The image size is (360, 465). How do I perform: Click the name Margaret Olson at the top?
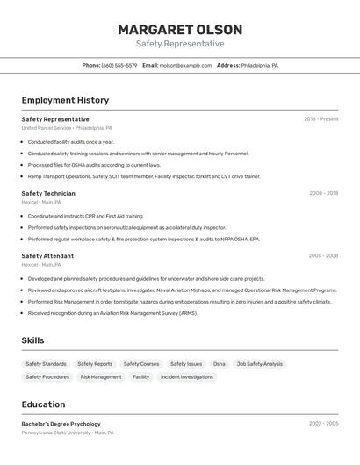pos(180,30)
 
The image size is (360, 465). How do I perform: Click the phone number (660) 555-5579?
pos(119,65)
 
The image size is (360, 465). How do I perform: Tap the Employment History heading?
pos(65,100)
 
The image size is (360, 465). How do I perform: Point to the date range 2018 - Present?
pos(320,119)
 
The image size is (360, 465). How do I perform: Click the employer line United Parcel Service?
pos(67,128)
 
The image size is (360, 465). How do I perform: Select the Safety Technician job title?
pos(48,193)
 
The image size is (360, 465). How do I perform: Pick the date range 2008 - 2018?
pos(323,193)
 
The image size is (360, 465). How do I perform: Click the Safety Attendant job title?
pos(47,256)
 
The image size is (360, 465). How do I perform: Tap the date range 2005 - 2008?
pos(323,256)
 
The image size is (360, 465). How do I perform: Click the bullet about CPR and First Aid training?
pos(85,216)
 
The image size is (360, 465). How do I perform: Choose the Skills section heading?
pos(32,340)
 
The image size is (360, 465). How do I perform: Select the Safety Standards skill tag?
pos(46,364)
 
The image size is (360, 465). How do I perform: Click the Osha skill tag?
pos(219,364)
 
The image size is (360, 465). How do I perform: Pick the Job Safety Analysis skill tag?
pos(260,364)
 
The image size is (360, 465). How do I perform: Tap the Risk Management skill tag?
pos(101,377)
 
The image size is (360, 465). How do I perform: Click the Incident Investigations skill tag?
pos(186,377)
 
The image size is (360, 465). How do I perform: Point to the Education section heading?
pos(43,404)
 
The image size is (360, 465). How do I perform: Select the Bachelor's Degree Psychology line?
pos(61,424)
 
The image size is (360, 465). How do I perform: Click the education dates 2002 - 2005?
pos(323,424)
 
